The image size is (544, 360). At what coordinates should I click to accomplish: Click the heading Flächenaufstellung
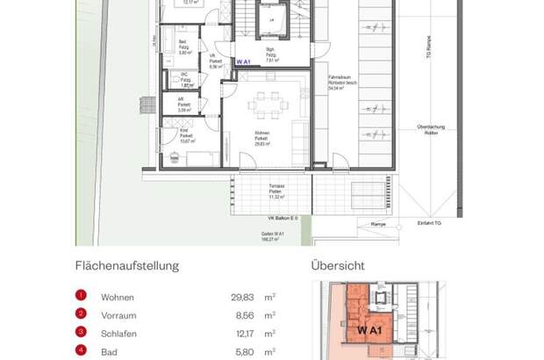pos(126,265)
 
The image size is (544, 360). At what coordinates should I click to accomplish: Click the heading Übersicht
pos(338,265)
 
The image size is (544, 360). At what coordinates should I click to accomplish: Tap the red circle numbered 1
pos(80,296)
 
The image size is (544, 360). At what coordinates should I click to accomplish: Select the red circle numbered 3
pos(80,333)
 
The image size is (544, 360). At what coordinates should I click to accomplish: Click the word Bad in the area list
pos(108,351)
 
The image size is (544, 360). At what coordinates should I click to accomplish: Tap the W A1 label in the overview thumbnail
pos(369,330)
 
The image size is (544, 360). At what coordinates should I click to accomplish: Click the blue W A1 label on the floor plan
pos(244,61)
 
